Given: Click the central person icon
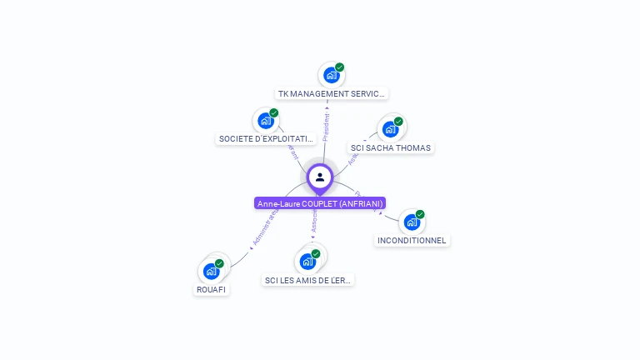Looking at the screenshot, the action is (x=320, y=177).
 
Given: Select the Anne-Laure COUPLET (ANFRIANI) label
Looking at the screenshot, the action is (x=320, y=203).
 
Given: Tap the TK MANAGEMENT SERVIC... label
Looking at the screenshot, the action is (x=332, y=93).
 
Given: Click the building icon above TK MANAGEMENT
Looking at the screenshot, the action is (x=332, y=75).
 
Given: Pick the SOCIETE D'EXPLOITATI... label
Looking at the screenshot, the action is (x=267, y=138).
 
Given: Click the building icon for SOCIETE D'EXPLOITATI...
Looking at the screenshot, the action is (x=266, y=121).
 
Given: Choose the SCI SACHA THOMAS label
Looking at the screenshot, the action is (x=391, y=147).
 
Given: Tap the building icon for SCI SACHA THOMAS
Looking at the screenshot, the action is (x=390, y=129).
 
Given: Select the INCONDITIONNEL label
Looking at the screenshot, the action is (x=412, y=240).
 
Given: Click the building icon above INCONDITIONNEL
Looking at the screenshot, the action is (x=412, y=222).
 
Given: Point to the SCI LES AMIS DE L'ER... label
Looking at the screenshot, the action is (x=308, y=280).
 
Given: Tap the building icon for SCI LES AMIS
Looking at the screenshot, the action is (x=307, y=262).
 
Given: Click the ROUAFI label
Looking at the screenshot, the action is (x=212, y=289).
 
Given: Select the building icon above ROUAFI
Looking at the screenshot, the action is (x=211, y=271).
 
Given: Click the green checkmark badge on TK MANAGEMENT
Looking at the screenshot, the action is (x=340, y=67).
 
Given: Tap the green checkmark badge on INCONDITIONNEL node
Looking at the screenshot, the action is (x=420, y=214).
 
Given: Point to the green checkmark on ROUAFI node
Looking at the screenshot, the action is (x=219, y=263).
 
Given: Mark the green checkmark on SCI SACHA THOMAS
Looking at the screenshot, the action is (x=398, y=122).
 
